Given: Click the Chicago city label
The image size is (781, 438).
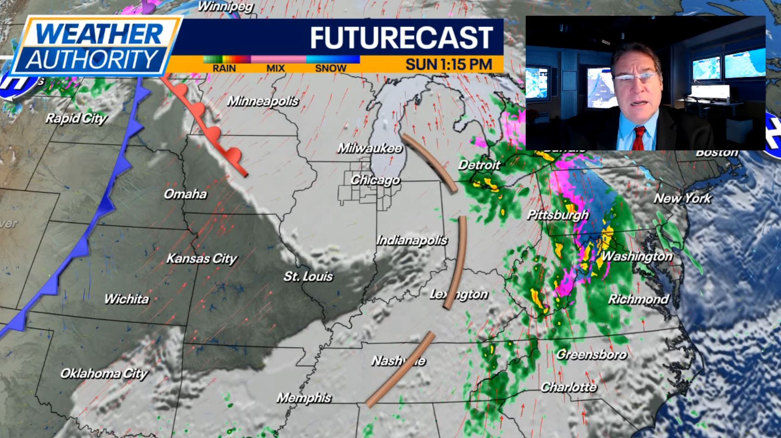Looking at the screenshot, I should click(x=375, y=180).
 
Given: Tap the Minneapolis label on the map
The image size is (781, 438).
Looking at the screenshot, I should click(x=263, y=101).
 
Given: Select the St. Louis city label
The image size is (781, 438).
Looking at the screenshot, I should click(x=308, y=276).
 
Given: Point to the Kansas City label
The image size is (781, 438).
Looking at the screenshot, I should click(x=202, y=258).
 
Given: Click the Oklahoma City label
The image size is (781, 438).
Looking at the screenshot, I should click(x=104, y=373).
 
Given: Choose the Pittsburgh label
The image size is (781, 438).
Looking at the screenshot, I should click(x=558, y=215).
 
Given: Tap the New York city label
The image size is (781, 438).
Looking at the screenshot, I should click(x=683, y=199).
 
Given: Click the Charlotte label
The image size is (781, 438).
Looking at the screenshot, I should click(x=569, y=387).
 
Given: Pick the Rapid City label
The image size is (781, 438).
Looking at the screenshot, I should click(x=76, y=119).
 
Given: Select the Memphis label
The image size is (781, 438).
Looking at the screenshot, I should click(x=304, y=398).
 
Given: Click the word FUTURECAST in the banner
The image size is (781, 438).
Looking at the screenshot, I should click(x=401, y=38).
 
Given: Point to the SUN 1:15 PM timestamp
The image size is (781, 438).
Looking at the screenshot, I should click(x=449, y=64).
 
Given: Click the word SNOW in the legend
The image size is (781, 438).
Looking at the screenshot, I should click(x=330, y=69).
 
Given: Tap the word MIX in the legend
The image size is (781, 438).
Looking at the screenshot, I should click(x=275, y=69).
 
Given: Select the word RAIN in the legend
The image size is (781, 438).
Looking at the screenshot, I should click(x=224, y=69).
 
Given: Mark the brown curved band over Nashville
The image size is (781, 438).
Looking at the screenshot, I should click(x=401, y=369).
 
